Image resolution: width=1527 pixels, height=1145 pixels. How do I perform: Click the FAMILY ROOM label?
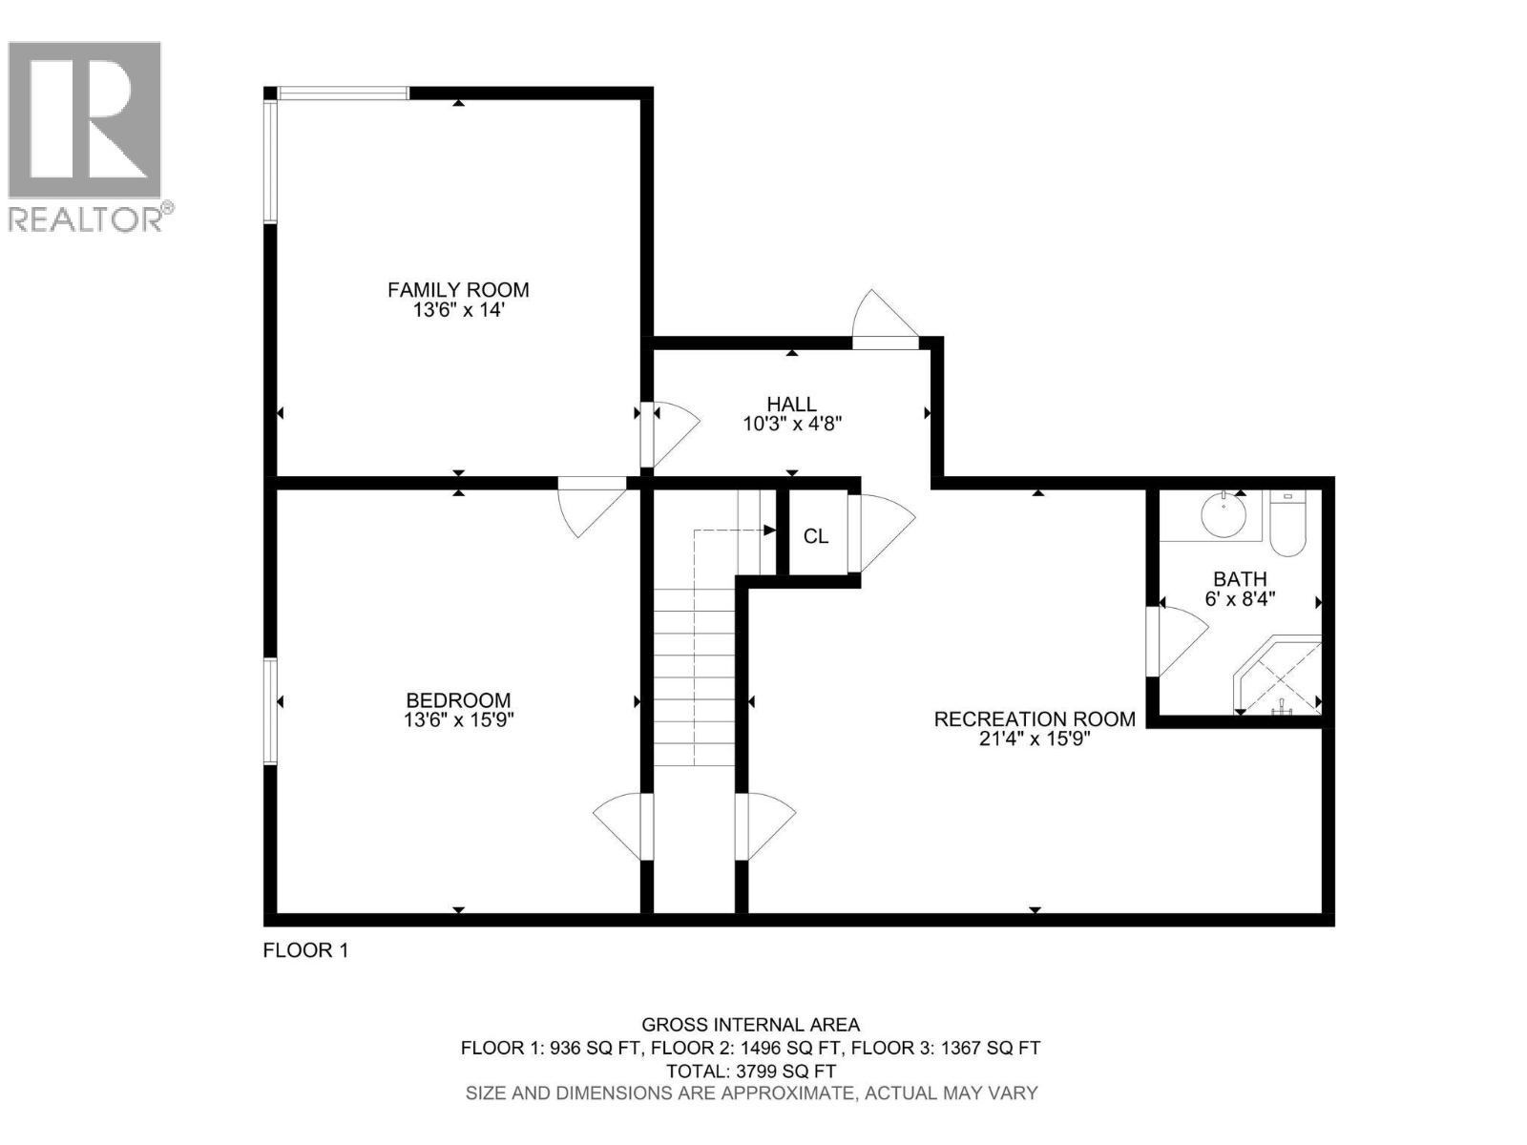point(458,289)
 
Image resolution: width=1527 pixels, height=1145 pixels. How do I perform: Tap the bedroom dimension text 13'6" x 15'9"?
point(459,720)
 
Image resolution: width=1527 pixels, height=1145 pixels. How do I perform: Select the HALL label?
point(791,405)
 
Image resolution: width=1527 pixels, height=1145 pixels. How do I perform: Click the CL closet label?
point(816,536)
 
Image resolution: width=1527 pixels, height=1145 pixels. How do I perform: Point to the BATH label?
point(1240,578)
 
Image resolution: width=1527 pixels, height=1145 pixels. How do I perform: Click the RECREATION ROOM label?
point(1035,718)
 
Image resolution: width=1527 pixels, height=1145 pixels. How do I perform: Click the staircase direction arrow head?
point(769,530)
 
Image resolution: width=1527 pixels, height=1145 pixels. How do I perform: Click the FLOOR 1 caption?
point(305,950)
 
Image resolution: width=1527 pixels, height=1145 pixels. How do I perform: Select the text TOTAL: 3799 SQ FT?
point(750,1071)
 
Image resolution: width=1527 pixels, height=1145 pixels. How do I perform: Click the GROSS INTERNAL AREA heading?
point(750,1025)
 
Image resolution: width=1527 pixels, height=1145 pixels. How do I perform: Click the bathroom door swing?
point(1180,639)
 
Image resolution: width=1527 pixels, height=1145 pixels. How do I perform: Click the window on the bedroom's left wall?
point(270,711)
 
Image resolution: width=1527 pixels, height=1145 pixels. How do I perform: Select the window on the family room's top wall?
point(344,93)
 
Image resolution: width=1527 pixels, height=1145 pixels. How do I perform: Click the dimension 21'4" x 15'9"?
point(1035,739)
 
